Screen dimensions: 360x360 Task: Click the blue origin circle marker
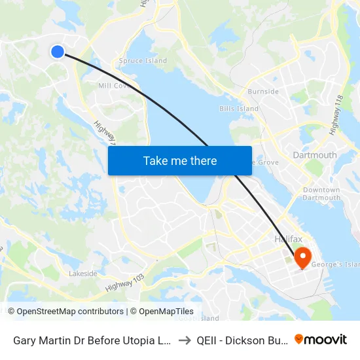[58, 51]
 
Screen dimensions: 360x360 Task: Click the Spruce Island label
[143, 61]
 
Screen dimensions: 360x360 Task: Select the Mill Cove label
[112, 86]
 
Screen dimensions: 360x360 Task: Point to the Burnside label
[263, 92]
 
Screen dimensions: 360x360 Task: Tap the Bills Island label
[239, 109]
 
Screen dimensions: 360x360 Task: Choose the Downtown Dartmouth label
[321, 194]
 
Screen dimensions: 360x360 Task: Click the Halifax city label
[288, 240]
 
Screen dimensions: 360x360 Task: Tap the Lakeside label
[83, 274]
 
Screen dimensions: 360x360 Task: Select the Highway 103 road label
[124, 283]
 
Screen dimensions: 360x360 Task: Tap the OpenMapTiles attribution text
[162, 312]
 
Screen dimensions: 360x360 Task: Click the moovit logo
[321, 339]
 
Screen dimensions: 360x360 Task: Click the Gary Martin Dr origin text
[92, 340]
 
